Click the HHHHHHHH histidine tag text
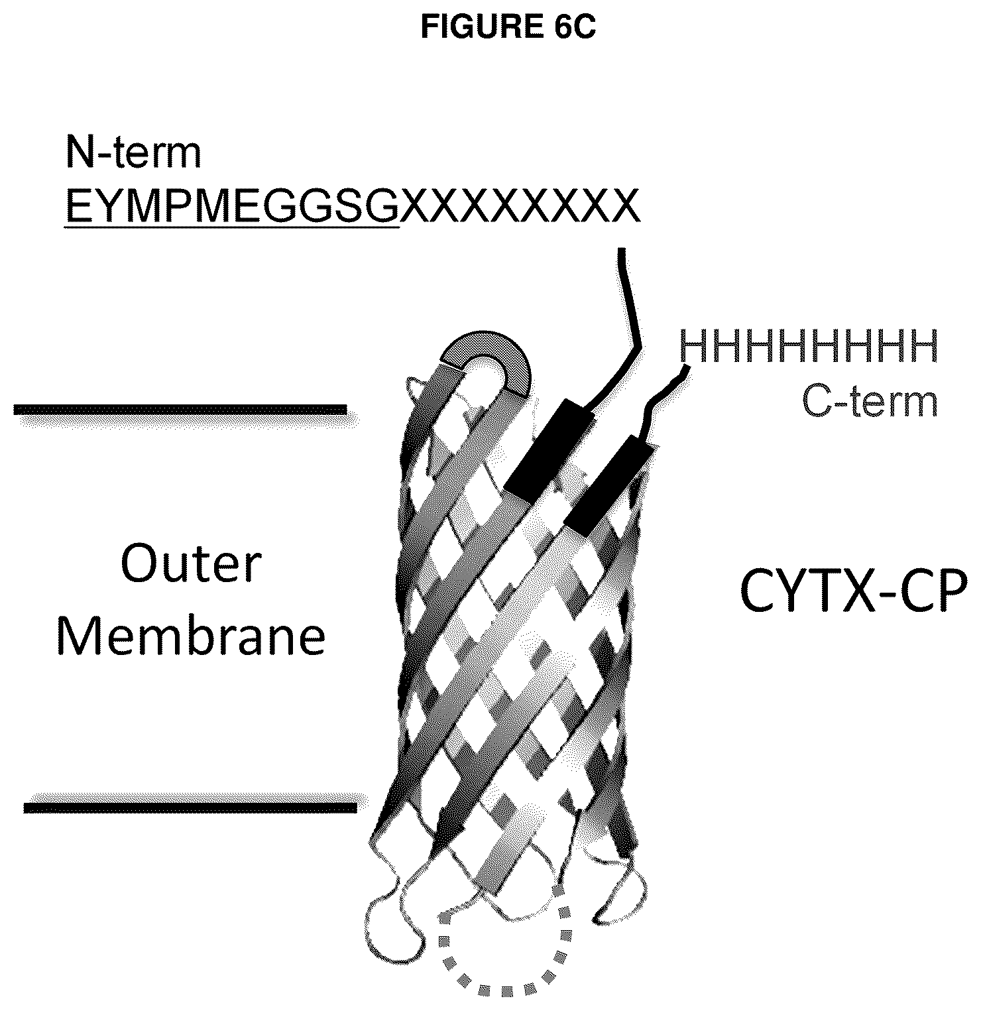pos(809,346)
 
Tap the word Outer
pos(192,565)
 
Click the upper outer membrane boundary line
pos(180,410)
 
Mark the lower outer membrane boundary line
pos(190,807)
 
